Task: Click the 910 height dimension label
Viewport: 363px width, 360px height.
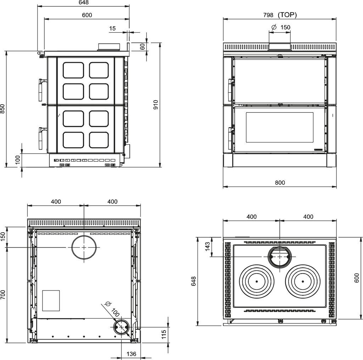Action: click(156, 105)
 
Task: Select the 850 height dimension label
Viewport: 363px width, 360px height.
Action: click(2, 109)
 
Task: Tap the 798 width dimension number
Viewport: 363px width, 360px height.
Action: click(268, 15)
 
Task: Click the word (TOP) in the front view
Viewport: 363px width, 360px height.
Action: click(287, 15)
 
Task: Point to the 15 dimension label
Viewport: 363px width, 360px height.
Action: click(112, 28)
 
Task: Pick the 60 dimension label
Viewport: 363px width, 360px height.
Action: click(143, 46)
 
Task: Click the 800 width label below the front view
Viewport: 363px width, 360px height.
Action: click(280, 183)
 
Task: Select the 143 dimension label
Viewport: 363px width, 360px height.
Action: click(207, 246)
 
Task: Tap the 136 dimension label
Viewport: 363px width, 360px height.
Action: click(131, 354)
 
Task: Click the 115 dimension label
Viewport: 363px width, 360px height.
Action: click(164, 334)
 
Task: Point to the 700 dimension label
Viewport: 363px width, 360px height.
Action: click(2, 295)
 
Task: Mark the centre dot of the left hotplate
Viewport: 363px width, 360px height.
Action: click(257, 282)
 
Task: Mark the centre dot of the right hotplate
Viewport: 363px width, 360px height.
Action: click(303, 282)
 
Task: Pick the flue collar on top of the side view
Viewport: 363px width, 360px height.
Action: click(108, 46)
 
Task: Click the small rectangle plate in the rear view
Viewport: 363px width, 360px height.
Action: click(51, 300)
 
